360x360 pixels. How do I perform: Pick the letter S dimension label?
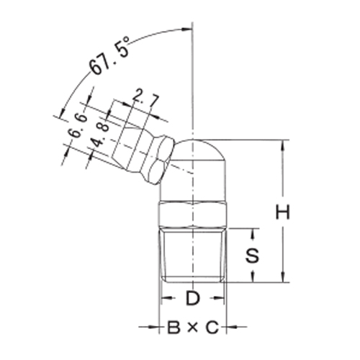pos(252,255)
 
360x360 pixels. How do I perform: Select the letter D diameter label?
pos(192,297)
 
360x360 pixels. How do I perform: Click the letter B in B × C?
pos(173,329)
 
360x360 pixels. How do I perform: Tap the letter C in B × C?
pos(210,329)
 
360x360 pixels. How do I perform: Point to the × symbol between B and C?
pos(192,329)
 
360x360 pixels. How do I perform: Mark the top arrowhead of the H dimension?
pos(286,143)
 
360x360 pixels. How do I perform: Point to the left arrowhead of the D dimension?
pos(164,297)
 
